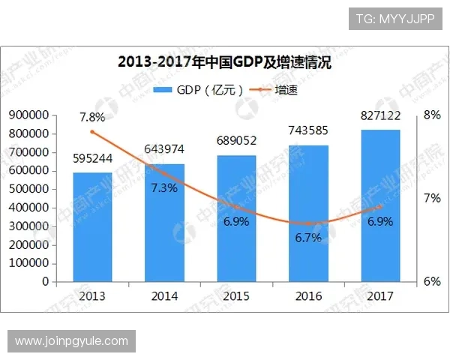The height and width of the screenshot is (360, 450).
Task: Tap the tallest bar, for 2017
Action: click(380, 206)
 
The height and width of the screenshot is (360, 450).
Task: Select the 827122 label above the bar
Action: click(380, 115)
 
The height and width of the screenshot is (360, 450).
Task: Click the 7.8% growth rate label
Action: click(92, 117)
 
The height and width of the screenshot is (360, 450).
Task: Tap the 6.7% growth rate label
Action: click(308, 238)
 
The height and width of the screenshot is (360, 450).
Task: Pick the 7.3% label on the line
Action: click(164, 188)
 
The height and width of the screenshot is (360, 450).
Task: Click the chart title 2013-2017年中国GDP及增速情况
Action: click(225, 63)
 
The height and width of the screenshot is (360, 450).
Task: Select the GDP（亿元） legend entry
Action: click(199, 91)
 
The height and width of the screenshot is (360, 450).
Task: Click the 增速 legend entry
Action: click(274, 91)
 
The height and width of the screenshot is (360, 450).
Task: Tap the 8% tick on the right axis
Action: click(431, 115)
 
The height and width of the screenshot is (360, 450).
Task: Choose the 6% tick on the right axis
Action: click(431, 282)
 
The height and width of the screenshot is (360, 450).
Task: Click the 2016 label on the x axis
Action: click(308, 296)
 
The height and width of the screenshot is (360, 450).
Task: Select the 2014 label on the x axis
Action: click(164, 296)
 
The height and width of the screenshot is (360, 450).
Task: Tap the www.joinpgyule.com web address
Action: click(72, 341)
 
